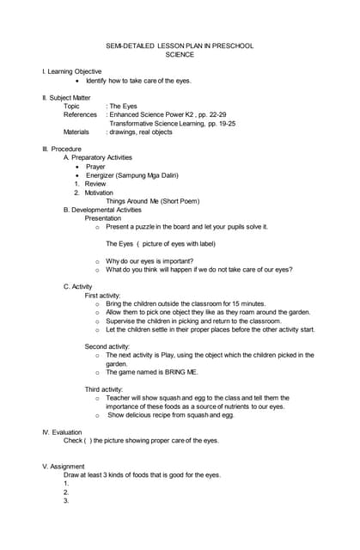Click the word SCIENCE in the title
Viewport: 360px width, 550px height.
[180, 54]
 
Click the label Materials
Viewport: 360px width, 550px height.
[80, 132]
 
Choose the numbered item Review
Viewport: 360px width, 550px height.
[95, 184]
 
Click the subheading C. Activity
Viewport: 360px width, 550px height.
[78, 286]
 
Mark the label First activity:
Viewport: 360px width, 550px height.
[107, 295]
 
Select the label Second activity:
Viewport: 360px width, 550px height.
[108, 346]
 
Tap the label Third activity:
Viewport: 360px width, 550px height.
[106, 389]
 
